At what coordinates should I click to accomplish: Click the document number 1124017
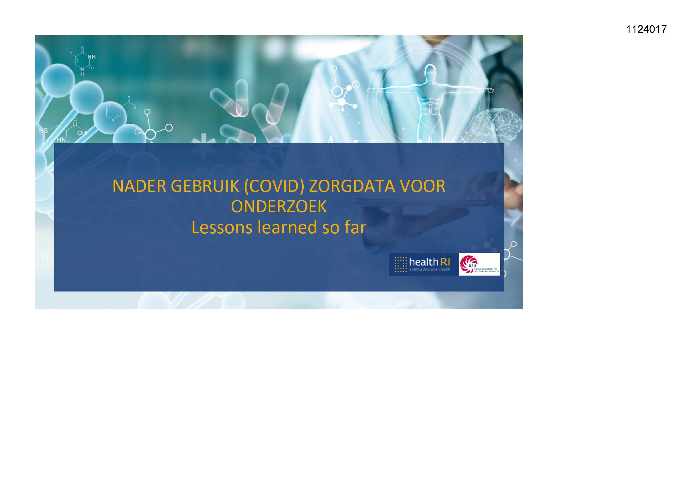click(x=646, y=30)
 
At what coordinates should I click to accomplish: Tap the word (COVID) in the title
click(x=274, y=186)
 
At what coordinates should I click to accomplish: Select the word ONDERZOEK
click(x=279, y=207)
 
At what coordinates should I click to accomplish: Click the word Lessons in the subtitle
click(x=222, y=227)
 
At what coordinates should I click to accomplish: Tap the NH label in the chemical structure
click(x=92, y=57)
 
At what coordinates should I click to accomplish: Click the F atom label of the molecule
click(x=71, y=54)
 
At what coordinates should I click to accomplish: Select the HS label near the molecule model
click(x=44, y=130)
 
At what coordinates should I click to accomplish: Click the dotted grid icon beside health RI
click(x=400, y=264)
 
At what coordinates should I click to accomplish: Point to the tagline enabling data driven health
click(x=430, y=270)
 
